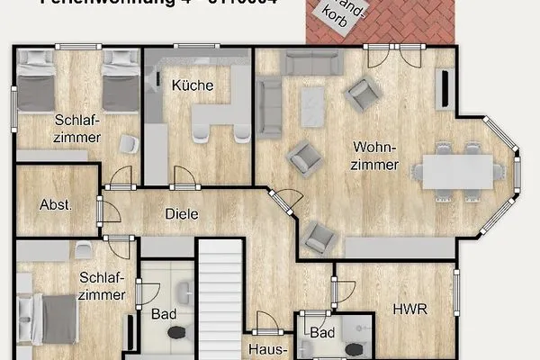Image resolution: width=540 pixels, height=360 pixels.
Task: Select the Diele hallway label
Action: (181, 214)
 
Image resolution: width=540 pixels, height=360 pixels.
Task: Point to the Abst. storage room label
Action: (56, 204)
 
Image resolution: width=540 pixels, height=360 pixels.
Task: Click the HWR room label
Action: (409, 309)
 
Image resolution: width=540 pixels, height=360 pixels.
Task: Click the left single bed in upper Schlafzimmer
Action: (36, 82)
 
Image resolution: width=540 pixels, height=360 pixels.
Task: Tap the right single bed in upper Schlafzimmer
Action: (120, 82)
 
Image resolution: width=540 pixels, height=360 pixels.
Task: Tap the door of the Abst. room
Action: (104, 212)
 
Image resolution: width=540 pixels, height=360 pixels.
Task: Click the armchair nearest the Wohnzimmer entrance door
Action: (319, 237)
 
